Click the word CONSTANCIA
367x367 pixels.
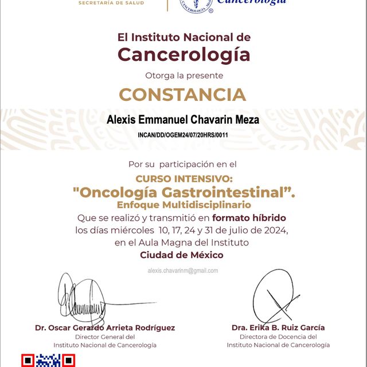[x=182, y=94]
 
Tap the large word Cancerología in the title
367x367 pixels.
[x=183, y=54]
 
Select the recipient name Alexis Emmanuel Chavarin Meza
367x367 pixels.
[x=183, y=120]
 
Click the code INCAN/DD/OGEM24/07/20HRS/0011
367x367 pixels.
[x=183, y=135]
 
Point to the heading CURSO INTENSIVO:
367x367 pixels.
[x=182, y=179]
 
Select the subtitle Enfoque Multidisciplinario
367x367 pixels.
[x=183, y=205]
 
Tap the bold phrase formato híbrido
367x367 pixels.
[x=249, y=218]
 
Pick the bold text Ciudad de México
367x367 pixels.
[x=182, y=255]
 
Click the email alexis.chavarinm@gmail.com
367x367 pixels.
[x=182, y=270]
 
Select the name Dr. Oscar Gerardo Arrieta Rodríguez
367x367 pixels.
[x=105, y=328]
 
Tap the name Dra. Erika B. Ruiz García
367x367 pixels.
[x=278, y=328]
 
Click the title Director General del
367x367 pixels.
[x=105, y=337]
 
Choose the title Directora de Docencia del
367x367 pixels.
[x=278, y=337]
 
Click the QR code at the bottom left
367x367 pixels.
[x=48, y=361]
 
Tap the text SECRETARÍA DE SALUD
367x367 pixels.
[x=111, y=3]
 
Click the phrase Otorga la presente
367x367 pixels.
[x=183, y=75]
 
